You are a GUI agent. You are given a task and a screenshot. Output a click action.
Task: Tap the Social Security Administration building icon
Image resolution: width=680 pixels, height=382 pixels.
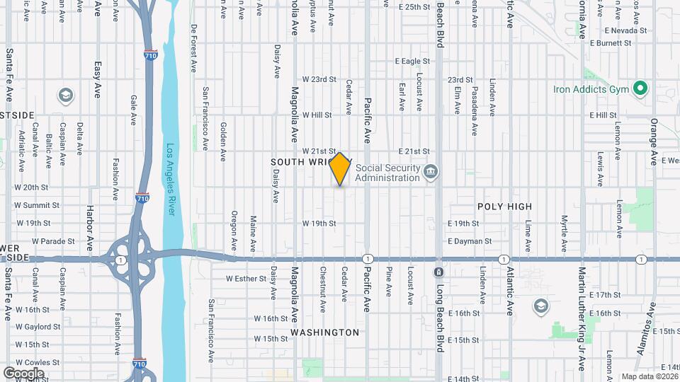pos(430,172)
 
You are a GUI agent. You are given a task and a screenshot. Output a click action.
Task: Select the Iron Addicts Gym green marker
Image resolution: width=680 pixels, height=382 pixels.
pos(640,89)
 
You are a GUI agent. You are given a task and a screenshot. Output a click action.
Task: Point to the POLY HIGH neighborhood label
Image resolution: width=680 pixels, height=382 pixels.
pos(504,206)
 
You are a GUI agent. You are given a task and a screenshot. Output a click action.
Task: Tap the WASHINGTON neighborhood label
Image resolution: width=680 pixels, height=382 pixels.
pos(324,332)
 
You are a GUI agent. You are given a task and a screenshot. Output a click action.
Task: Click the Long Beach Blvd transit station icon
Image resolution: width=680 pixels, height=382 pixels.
pos(439,272)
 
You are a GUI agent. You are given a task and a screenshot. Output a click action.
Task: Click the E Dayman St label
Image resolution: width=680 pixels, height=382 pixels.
pos(470,241)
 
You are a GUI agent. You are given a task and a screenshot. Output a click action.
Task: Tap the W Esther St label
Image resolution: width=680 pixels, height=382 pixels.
pos(246,278)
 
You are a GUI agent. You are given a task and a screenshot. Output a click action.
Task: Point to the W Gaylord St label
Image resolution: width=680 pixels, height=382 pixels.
pos(37,327)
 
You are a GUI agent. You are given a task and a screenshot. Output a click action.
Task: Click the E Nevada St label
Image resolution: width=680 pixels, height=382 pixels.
pos(626,30)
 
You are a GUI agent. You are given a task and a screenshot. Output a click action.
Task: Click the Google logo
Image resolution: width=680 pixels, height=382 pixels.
pos(23,373)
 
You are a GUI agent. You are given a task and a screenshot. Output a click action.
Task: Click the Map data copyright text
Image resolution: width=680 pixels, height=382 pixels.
pos(650,376)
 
